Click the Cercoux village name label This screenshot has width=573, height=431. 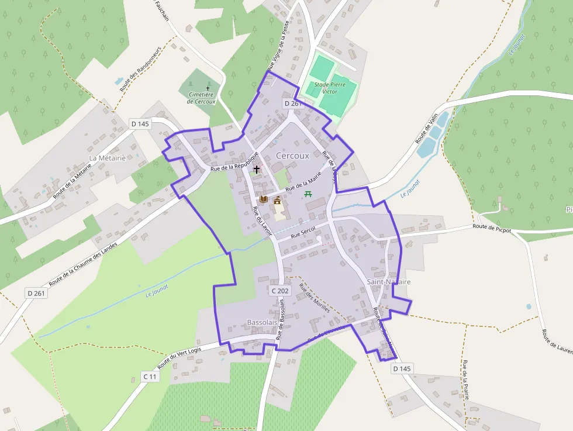click(x=292, y=156)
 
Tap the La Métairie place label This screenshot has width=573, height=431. click(x=108, y=158)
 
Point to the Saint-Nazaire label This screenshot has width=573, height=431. click(x=389, y=282)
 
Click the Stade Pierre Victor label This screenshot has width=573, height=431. click(x=330, y=88)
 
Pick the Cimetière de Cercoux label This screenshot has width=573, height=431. click(x=202, y=98)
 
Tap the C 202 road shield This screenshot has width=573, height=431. click(x=280, y=291)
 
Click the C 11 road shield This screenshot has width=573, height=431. click(x=150, y=377)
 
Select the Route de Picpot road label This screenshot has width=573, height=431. click(x=492, y=229)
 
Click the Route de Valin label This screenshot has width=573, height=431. click(x=427, y=129)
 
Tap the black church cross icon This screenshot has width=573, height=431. click(x=256, y=168)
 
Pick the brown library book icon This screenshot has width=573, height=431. click(x=264, y=199)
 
